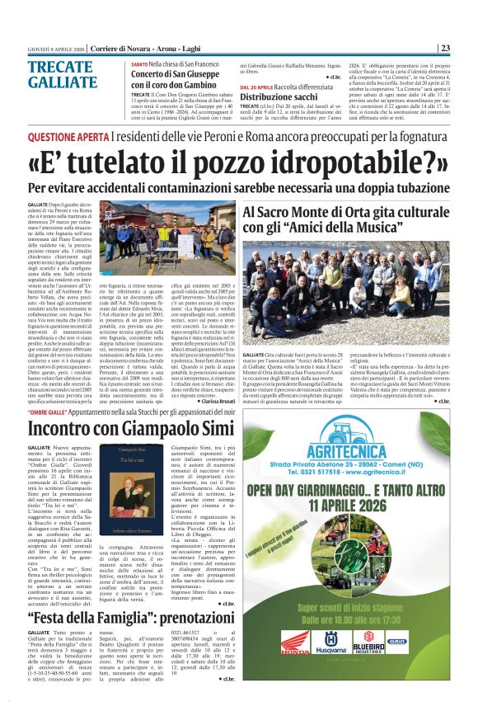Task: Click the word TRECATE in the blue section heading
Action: click(x=58, y=68)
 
